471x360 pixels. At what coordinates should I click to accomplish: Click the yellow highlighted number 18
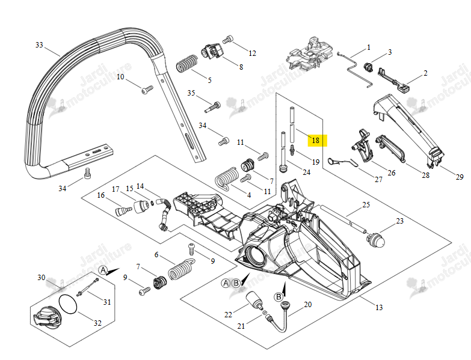pos(316,140)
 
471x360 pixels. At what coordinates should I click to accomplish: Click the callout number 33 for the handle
pos(39,45)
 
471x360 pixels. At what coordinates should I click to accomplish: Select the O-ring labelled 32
pos(68,305)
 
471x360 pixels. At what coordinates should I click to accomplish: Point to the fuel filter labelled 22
pos(254,299)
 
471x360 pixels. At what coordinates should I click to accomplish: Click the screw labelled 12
pos(228,39)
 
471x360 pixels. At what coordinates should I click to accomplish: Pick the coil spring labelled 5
pos(186,64)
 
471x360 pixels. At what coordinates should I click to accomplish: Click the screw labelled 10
pos(147,90)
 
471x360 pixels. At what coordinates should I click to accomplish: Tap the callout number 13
pos(379,308)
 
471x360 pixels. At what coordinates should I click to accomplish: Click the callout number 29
pos(460,177)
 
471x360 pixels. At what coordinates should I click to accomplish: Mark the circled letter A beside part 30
pos(103,270)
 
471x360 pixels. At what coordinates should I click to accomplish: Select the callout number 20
pos(308,305)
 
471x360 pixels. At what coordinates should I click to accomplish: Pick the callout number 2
pos(425,73)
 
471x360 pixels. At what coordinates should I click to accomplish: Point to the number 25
pos(366,205)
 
